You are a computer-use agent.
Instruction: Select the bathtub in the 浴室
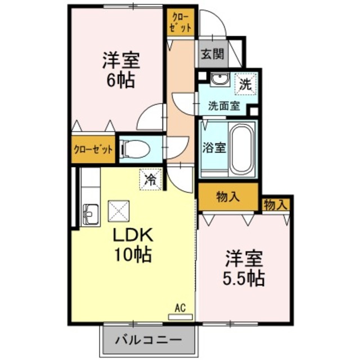click(242, 148)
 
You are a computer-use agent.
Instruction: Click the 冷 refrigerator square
click(150, 179)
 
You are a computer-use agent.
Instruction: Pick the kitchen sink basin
click(90, 214)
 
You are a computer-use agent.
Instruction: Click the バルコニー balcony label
click(149, 340)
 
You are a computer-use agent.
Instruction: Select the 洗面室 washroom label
click(224, 105)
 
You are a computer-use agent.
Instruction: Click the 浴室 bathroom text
click(214, 148)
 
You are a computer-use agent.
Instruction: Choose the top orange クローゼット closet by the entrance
click(180, 22)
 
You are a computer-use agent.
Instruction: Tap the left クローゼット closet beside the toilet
click(93, 150)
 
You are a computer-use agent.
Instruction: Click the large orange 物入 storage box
click(228, 197)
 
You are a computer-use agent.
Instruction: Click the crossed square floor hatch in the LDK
click(119, 211)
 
